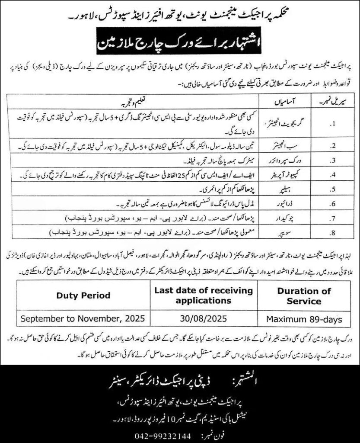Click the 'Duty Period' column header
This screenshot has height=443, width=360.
pyautogui.click(x=83, y=295)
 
